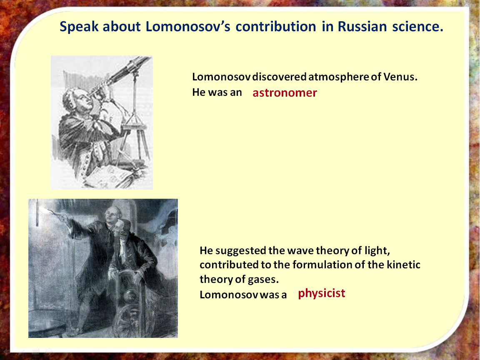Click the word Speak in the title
(x=79, y=27)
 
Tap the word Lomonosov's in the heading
(x=187, y=27)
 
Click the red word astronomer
(x=285, y=93)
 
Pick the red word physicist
(x=321, y=293)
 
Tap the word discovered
(x=280, y=77)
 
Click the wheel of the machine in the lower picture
(x=132, y=321)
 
